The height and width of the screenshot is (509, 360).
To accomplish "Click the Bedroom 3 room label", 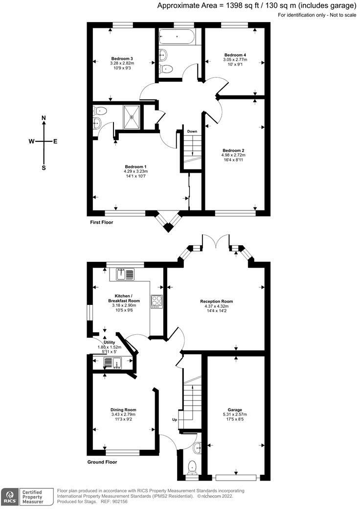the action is (122, 58).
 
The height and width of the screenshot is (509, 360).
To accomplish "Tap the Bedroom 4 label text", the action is (235, 55).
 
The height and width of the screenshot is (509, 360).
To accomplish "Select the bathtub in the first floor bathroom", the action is (177, 37).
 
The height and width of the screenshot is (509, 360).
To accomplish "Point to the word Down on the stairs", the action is (192, 132).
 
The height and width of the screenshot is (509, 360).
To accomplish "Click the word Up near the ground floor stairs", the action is (175, 420).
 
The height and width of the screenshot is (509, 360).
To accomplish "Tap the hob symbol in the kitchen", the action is (157, 301).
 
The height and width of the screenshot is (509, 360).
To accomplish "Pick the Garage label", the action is (235, 410).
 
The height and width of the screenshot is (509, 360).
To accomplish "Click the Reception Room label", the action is (216, 301).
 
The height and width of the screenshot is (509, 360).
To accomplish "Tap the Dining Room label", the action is (123, 410).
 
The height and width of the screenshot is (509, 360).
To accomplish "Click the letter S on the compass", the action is (44, 168).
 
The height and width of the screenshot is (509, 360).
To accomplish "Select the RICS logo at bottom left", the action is (10, 497).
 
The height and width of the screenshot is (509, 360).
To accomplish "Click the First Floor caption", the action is (102, 222).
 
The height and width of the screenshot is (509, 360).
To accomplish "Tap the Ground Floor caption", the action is (102, 462).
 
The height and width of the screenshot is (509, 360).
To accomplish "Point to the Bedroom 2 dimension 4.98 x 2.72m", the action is (233, 155).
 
